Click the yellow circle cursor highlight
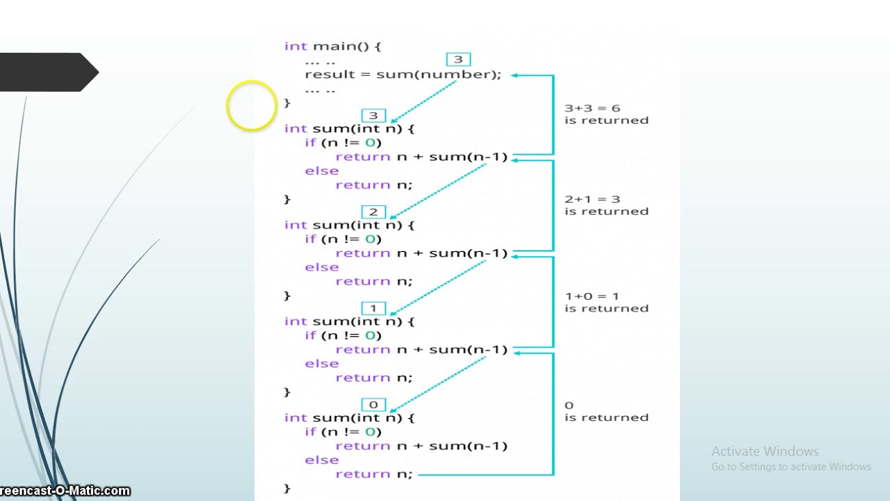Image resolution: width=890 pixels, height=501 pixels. (x=251, y=106)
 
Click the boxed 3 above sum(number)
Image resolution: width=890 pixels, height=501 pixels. (x=458, y=60)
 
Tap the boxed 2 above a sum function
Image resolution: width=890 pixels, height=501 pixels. (x=373, y=212)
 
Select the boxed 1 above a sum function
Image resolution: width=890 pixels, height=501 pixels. (x=373, y=308)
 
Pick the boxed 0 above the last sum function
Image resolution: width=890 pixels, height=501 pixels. (x=373, y=405)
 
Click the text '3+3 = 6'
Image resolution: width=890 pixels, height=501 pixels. (x=592, y=108)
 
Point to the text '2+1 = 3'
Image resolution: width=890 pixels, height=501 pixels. (x=592, y=199)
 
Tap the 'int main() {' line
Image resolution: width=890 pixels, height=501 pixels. (x=332, y=46)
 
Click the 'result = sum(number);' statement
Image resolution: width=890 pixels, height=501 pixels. (x=403, y=74)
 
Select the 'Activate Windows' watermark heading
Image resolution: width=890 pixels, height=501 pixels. (x=765, y=451)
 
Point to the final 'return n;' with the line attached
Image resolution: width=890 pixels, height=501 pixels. (x=373, y=474)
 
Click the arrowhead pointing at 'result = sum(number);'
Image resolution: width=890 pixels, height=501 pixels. (x=515, y=75)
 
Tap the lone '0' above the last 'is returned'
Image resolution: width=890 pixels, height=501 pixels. (x=569, y=405)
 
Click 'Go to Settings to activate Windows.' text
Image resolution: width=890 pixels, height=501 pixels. (x=791, y=467)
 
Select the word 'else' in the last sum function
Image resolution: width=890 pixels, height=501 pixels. (x=321, y=460)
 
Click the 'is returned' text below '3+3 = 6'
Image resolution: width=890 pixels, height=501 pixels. (x=606, y=120)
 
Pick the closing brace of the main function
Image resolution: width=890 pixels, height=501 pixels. (x=287, y=102)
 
